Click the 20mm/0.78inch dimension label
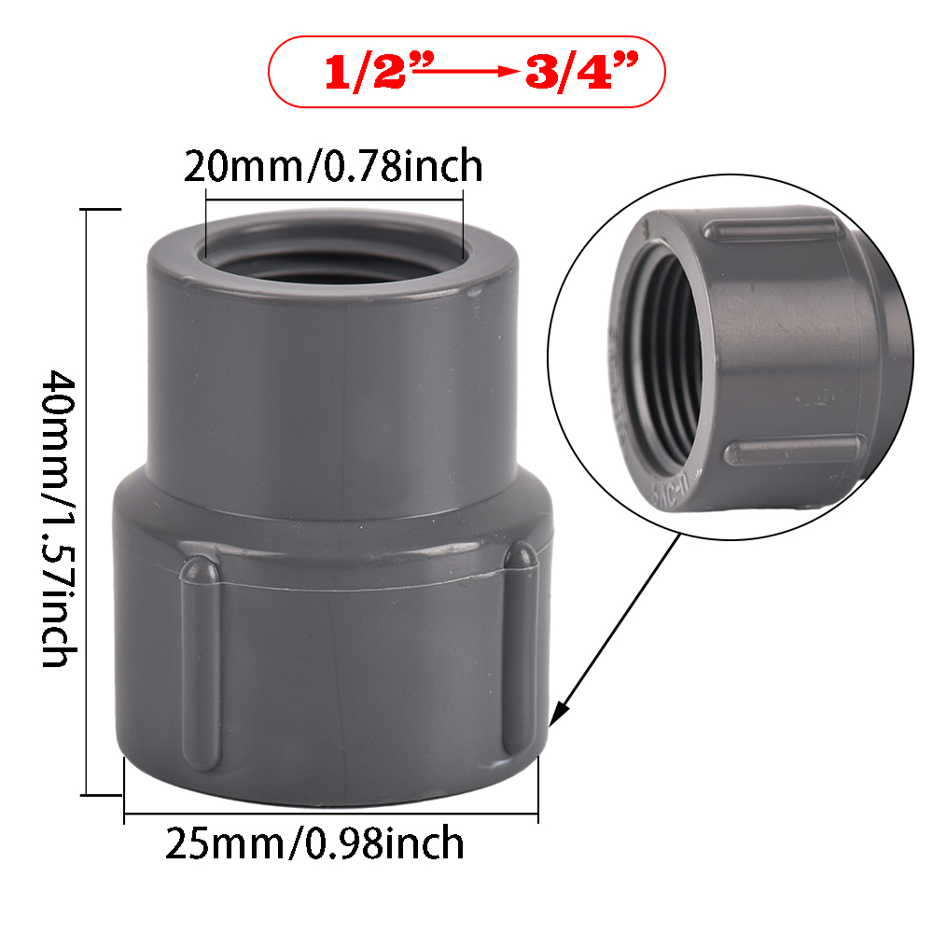[333, 166]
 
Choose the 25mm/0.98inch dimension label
[314, 843]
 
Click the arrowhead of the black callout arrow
[557, 718]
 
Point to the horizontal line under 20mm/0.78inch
[333, 199]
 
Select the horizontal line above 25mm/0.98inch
[331, 815]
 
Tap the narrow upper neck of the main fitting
[333, 373]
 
